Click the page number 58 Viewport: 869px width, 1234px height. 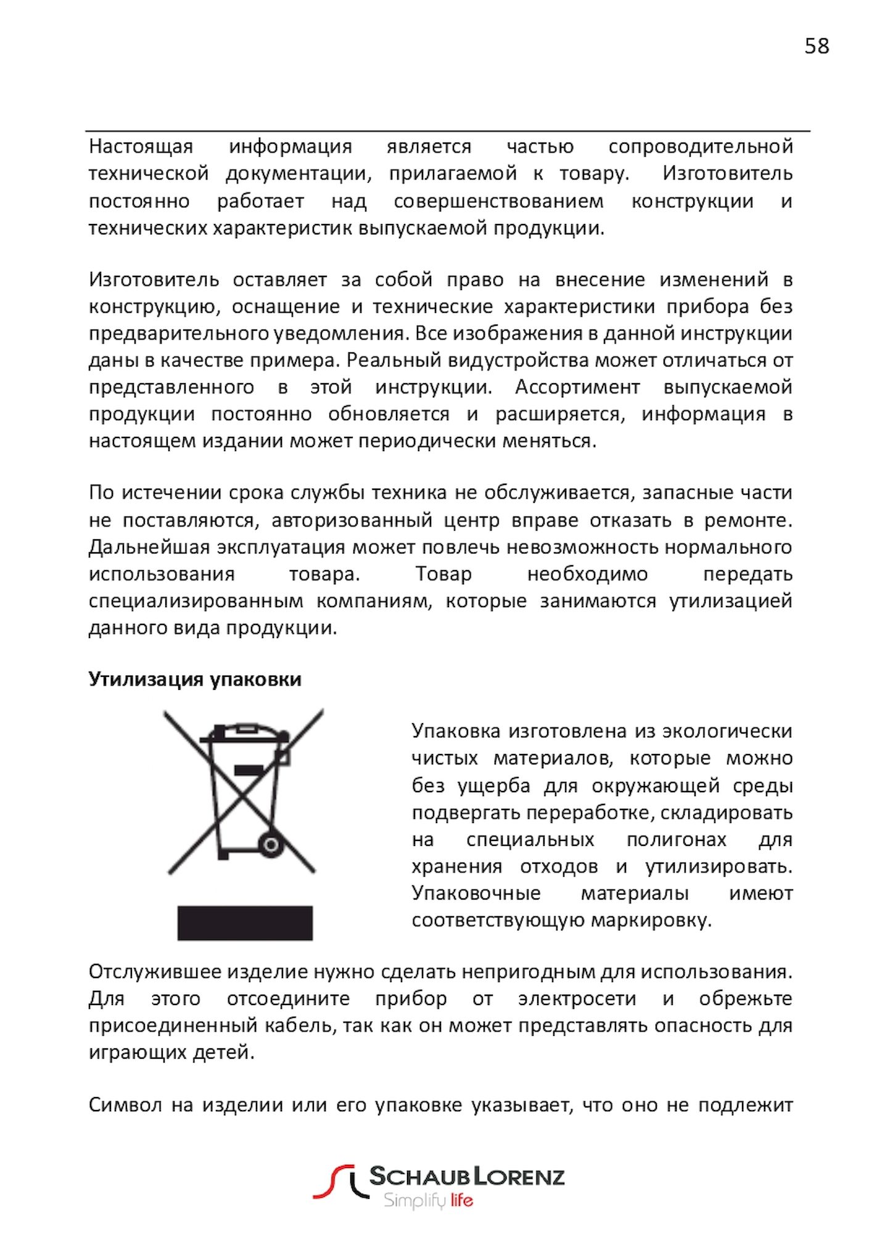click(817, 46)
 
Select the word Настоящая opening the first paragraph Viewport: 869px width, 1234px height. click(141, 147)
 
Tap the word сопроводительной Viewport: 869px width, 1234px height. click(700, 147)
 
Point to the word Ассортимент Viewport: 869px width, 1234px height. click(577, 387)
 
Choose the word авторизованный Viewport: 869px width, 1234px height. click(352, 521)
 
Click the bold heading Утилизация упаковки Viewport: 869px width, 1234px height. click(195, 679)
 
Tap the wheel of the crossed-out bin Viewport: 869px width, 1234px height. click(271, 844)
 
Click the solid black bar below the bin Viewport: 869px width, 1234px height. click(245, 923)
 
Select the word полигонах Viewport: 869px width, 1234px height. click(676, 840)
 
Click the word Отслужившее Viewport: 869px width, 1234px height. click(155, 972)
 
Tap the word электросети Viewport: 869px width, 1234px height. click(577, 999)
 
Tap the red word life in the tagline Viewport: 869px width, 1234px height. click(461, 1201)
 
